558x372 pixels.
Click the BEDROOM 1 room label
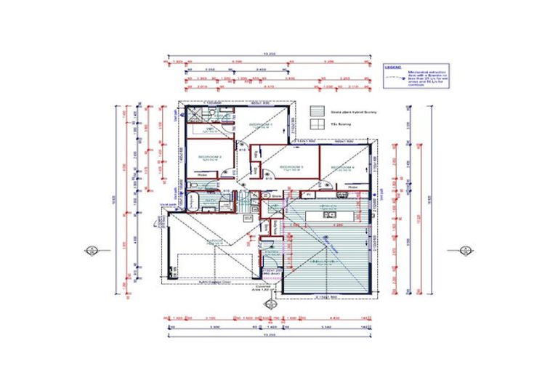pos(261,125)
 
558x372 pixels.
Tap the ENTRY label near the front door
pos(272,251)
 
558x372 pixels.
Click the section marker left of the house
pos(92,251)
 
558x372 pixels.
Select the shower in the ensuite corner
pos(194,114)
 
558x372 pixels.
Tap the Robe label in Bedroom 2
pos(203,175)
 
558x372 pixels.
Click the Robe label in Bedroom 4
pos(352,187)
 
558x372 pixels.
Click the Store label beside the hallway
pos(276,195)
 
